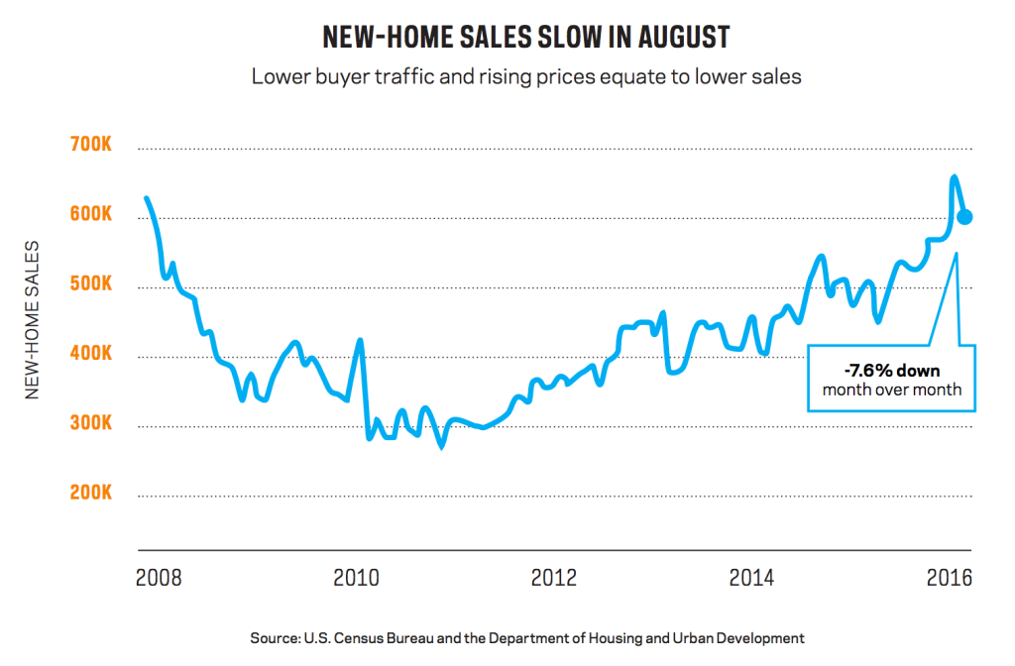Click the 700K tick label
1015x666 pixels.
[92, 147]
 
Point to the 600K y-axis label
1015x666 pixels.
[92, 216]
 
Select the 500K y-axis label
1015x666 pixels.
[92, 285]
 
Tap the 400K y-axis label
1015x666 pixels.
[92, 355]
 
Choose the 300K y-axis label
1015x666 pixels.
[92, 424]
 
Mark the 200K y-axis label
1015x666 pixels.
[92, 494]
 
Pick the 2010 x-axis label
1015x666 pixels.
[356, 577]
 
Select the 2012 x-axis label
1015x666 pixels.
[552, 577]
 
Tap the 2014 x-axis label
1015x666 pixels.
[750, 577]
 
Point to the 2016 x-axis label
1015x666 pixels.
[948, 577]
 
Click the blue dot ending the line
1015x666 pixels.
[963, 217]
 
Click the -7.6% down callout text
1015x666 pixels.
[890, 372]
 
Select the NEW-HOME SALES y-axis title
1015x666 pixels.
[33, 320]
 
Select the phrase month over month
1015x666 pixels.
[891, 389]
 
